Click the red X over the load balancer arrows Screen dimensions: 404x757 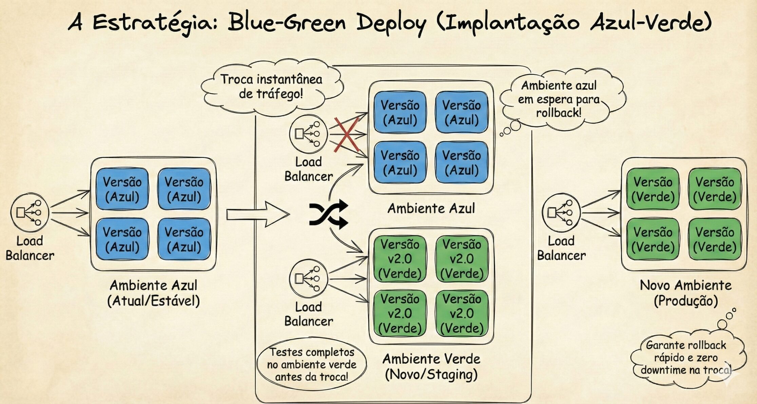pyautogui.click(x=347, y=135)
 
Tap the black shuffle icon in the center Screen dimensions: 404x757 pyautogui.click(x=328, y=214)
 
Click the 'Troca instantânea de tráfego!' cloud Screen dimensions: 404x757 pyautogui.click(x=271, y=87)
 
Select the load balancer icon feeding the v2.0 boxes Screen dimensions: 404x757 pyautogui.click(x=308, y=279)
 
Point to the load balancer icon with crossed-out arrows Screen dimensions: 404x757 pyautogui.click(x=308, y=134)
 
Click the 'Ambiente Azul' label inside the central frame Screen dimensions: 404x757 pyautogui.click(x=431, y=208)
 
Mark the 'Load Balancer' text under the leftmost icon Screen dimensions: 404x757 pyautogui.click(x=30, y=248)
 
